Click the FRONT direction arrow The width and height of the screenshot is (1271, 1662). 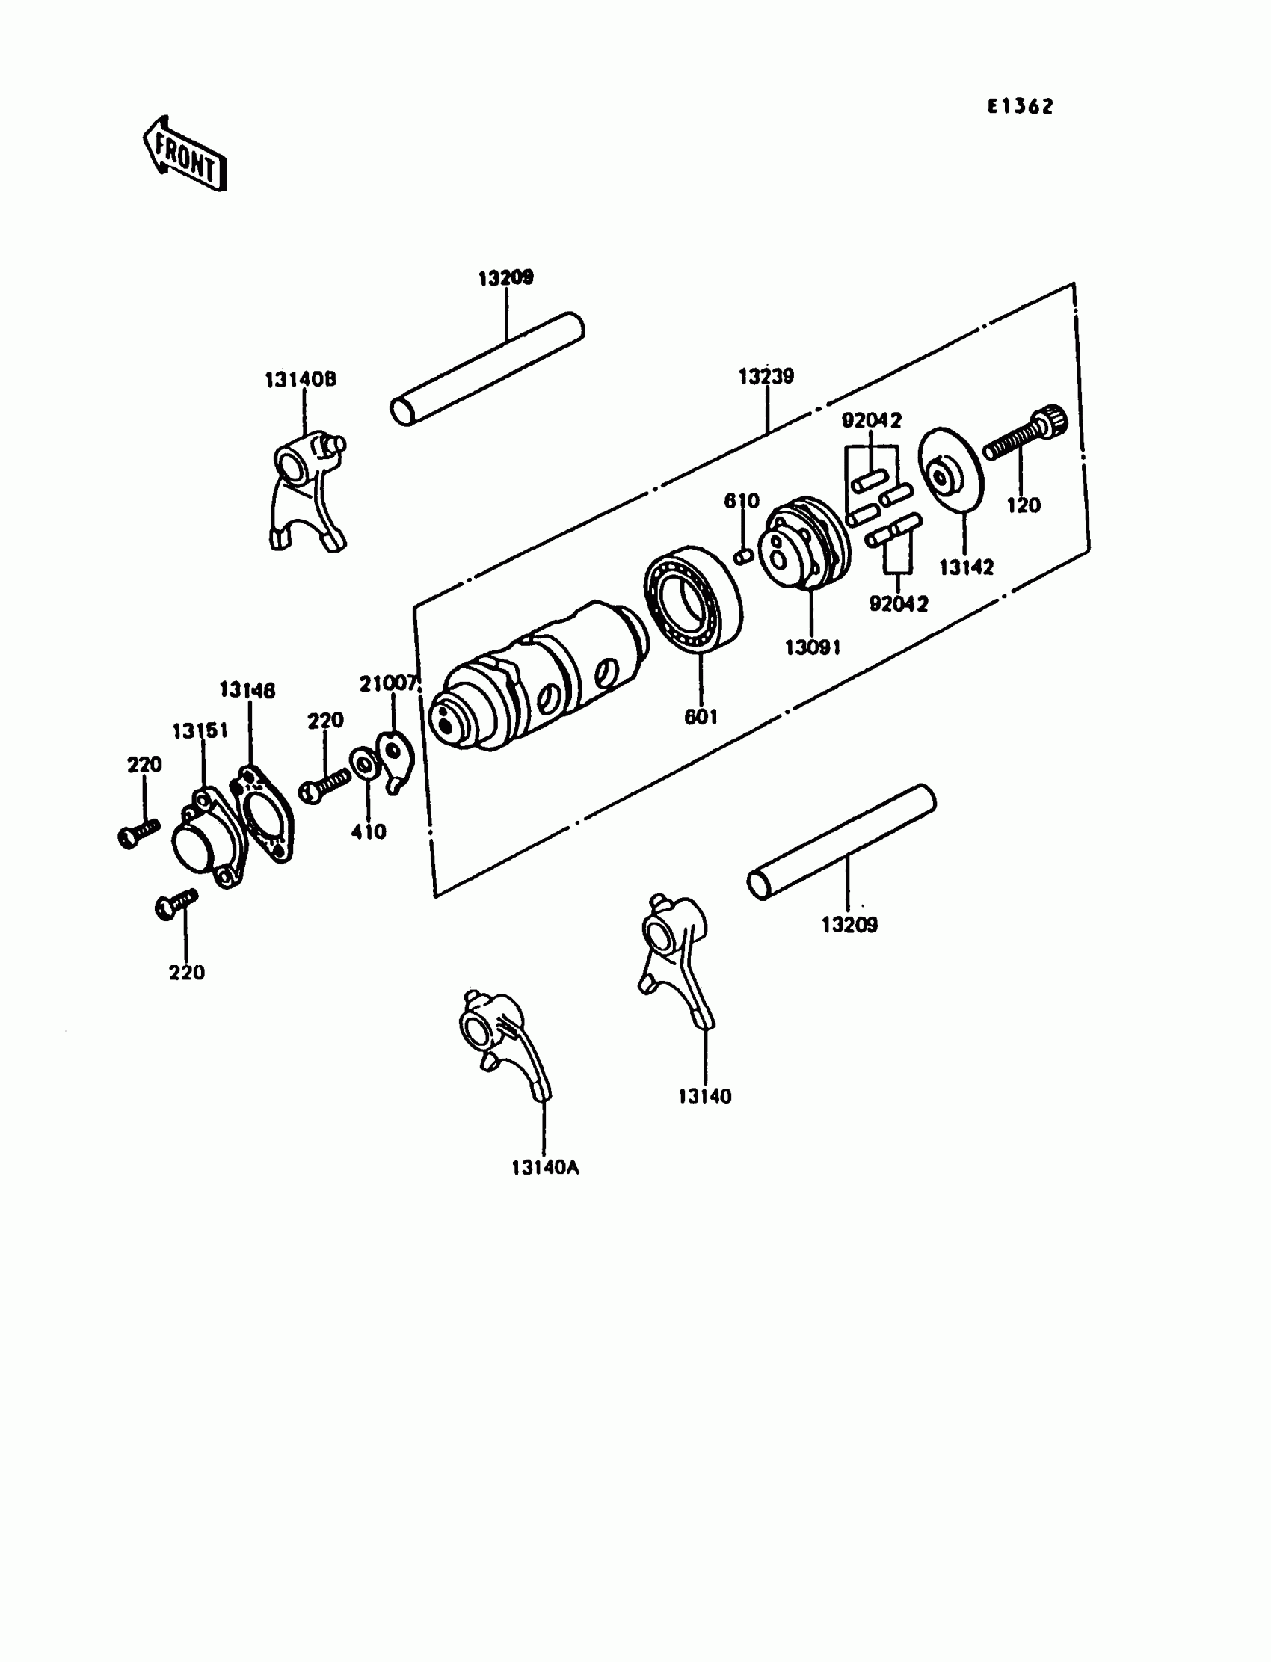tap(185, 153)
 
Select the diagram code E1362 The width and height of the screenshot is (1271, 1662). tap(1019, 107)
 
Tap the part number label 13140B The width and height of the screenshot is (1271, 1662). tap(301, 379)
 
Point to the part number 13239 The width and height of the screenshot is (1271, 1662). tap(766, 376)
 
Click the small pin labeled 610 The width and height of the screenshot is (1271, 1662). tap(743, 556)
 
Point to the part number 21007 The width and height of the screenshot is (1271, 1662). tap(387, 684)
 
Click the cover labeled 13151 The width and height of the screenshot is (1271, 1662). tap(204, 839)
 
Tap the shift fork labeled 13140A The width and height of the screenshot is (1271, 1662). tap(499, 1039)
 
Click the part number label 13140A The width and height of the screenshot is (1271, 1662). tap(545, 1167)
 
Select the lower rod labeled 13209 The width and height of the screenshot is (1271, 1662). tap(841, 841)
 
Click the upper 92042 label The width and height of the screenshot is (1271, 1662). tap(872, 420)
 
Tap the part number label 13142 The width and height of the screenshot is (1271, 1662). tap(966, 567)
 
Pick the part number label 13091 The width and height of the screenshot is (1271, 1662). tap(813, 647)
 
